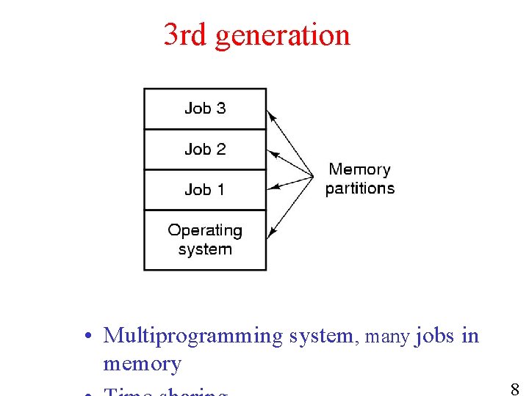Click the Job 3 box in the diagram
pos(205,109)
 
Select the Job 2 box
pos(205,150)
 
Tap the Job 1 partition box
pos(205,190)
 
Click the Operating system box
pos(205,240)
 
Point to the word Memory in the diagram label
pos(359,169)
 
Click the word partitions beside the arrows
pos(359,188)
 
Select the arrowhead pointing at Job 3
pos(270,114)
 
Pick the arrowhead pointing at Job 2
pos(270,153)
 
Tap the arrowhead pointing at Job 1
pos(270,188)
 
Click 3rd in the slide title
pos(184,34)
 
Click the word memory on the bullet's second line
pos(142,364)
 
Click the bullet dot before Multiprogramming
pos(87,337)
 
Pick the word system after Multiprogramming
pos(320,337)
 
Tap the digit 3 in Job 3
pos(220,109)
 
